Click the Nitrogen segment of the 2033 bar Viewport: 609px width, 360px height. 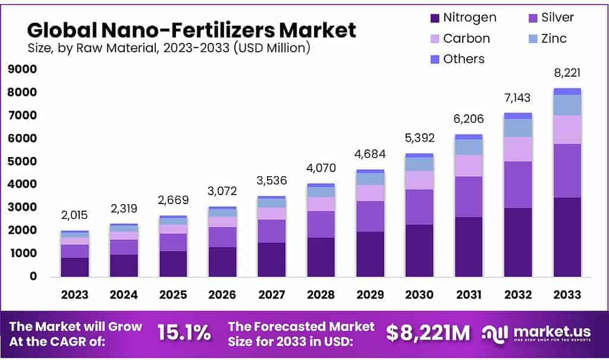point(567,237)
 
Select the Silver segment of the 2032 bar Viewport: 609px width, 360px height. point(517,184)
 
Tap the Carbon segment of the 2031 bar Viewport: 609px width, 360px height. point(468,165)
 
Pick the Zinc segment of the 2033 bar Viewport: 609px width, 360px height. point(567,105)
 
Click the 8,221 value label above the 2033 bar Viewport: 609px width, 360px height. point(567,73)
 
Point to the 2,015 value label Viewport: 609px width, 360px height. point(74,215)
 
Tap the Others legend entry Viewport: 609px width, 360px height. point(463,59)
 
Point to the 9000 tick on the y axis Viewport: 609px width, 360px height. point(22,70)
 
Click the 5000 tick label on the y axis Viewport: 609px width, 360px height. point(22,162)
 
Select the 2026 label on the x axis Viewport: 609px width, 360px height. point(222,295)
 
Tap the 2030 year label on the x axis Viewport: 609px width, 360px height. point(419,295)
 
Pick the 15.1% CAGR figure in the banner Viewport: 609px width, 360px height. point(184,333)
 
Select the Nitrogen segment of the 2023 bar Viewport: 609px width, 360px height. point(74,267)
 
